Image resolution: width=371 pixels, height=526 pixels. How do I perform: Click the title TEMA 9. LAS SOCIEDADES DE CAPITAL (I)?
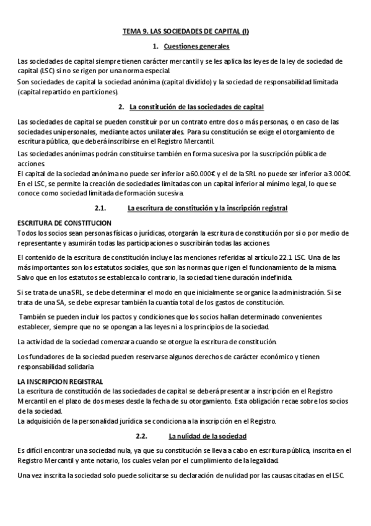point(185,31)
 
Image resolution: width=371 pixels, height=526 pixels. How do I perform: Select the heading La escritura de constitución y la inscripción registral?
point(207,207)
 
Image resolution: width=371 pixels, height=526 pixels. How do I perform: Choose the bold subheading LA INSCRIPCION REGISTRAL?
point(60,381)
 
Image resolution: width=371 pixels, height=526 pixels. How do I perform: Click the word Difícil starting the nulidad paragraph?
point(32,450)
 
